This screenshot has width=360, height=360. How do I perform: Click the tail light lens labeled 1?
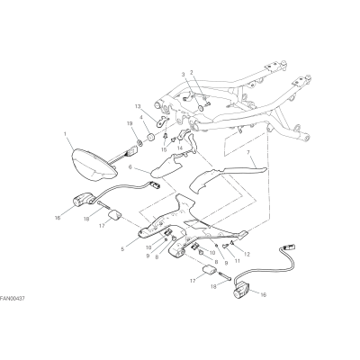94,164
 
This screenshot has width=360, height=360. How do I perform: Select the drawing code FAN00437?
13,299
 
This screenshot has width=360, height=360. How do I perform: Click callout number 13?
138,106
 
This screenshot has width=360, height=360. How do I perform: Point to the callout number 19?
130,123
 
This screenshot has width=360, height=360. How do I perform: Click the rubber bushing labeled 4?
150,138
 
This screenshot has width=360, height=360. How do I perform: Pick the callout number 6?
130,169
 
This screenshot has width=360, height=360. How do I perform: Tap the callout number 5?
122,249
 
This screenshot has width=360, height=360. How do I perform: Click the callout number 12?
247,255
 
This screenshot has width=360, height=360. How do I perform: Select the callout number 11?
237,261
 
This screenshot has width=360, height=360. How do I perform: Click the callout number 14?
180,148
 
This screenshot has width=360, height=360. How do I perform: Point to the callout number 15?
164,149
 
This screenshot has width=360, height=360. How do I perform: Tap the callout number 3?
184,74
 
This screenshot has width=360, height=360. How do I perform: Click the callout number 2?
192,72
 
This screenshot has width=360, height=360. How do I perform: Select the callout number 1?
65,132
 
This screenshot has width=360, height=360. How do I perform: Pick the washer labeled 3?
200,108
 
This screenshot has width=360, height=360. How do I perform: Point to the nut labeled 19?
139,142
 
